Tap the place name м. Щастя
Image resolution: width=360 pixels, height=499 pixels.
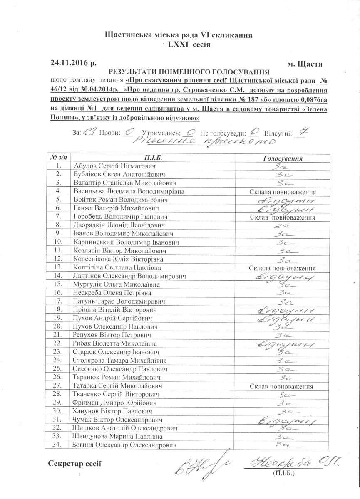[x=305, y=64]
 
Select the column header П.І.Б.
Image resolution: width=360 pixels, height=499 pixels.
[x=153, y=158]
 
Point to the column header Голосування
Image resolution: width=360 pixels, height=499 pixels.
[x=284, y=158]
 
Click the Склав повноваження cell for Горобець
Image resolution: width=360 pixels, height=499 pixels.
[x=282, y=217]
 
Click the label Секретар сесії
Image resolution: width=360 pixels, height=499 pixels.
[x=74, y=463]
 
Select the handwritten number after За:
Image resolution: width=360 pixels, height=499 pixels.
[x=89, y=132]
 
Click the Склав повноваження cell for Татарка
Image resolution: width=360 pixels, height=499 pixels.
[x=281, y=386]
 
